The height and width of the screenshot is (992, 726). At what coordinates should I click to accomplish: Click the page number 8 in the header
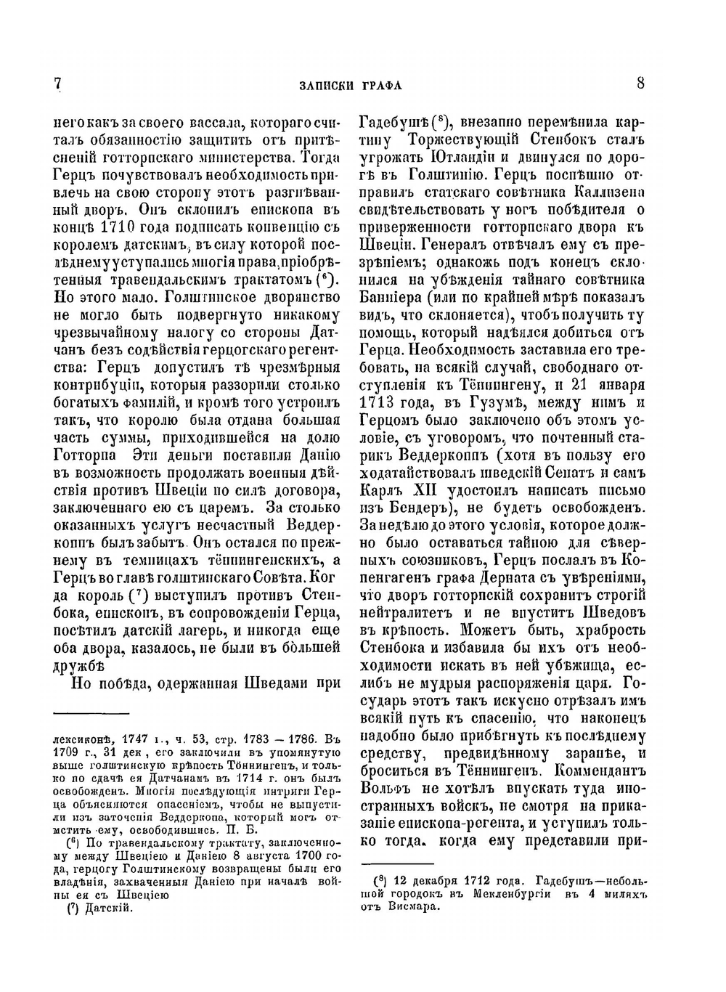640,84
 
